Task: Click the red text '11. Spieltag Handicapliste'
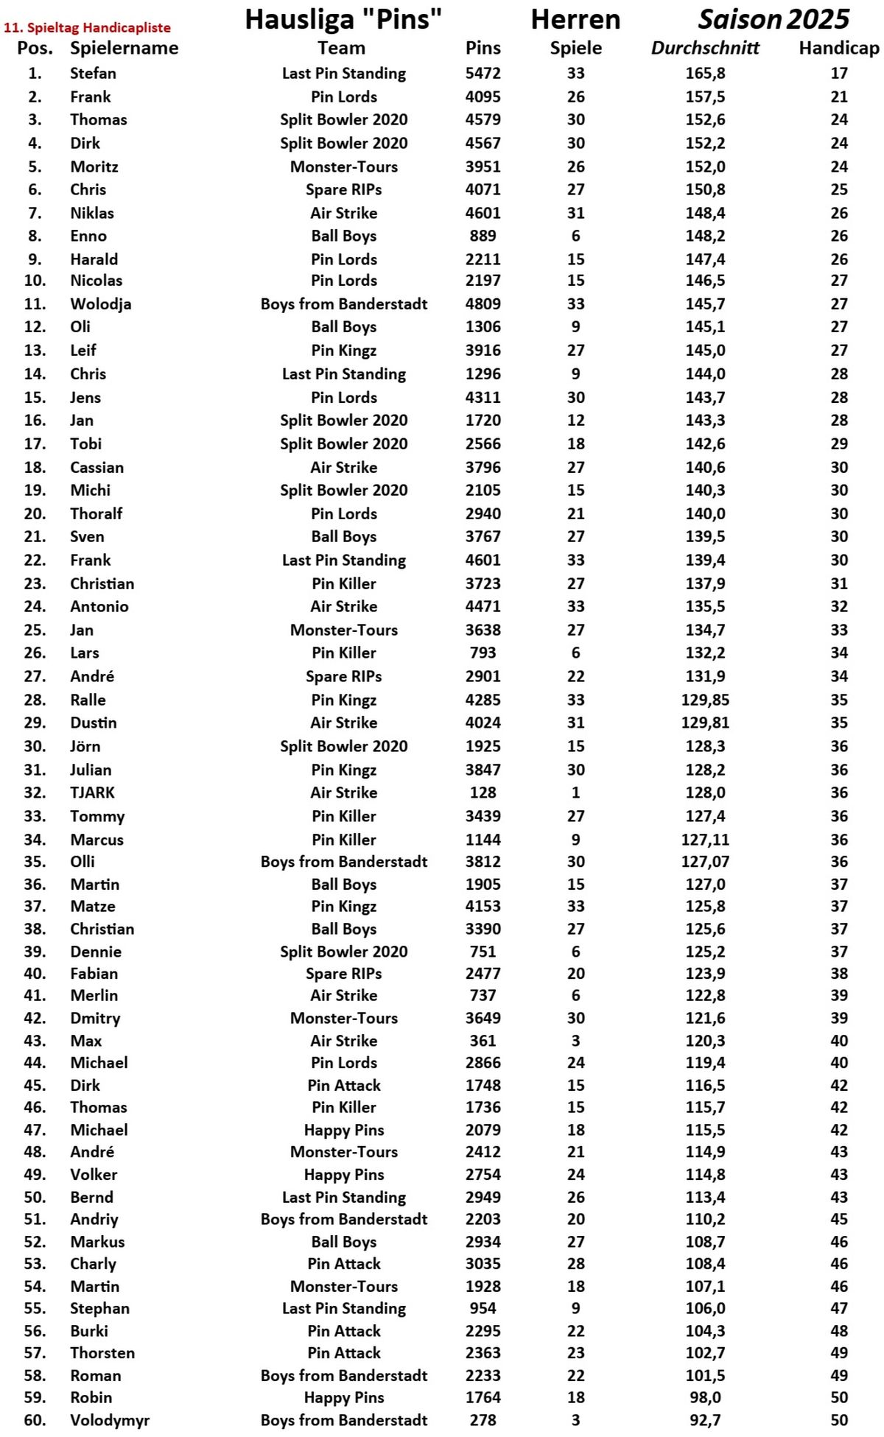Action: click(87, 28)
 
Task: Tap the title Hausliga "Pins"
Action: click(343, 19)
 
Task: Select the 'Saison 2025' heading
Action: click(773, 19)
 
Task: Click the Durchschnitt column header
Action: click(705, 49)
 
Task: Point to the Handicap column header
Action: click(838, 49)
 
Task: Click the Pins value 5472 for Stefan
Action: click(483, 74)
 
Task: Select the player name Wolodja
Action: click(101, 304)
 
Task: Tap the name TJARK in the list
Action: click(92, 793)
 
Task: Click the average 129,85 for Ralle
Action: click(705, 700)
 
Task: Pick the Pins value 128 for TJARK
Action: click(483, 793)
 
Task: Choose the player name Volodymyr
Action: click(110, 1420)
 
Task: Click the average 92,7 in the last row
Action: click(705, 1420)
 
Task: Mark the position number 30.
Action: click(35, 746)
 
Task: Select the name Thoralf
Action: click(97, 513)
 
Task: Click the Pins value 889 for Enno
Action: click(483, 236)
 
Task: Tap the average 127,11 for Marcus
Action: click(705, 840)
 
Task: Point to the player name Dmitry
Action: click(95, 1018)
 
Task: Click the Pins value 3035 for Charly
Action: click(483, 1264)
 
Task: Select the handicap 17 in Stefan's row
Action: click(838, 74)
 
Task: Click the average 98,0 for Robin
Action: click(705, 1397)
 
